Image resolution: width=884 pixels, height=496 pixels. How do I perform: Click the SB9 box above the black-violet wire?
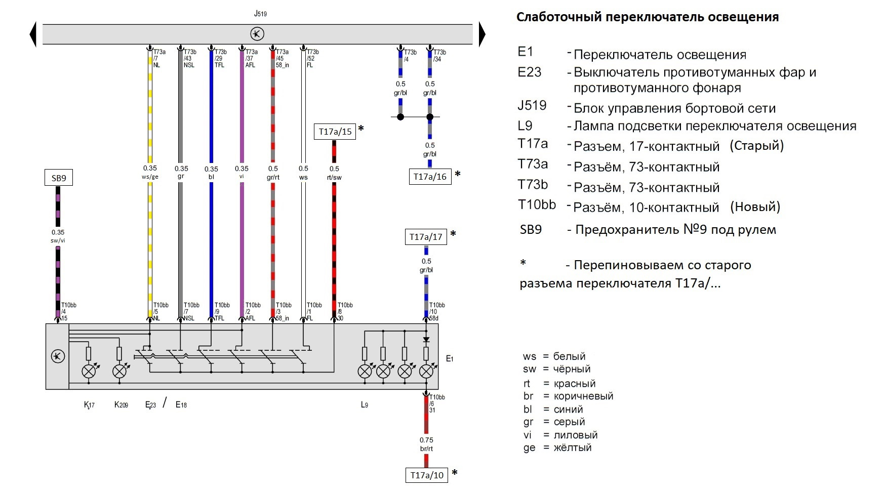pyautogui.click(x=59, y=178)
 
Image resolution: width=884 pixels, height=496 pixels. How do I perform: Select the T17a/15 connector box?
pyautogui.click(x=335, y=132)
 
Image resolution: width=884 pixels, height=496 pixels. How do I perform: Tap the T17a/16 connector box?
pyautogui.click(x=430, y=177)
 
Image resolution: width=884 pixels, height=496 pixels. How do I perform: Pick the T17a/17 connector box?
pyautogui.click(x=426, y=237)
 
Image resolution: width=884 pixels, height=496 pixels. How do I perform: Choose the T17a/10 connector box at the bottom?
pyautogui.click(x=427, y=475)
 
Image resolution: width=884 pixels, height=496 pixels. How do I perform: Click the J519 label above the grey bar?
pyautogui.click(x=260, y=14)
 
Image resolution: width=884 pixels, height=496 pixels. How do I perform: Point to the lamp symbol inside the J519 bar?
pyautogui.click(x=257, y=34)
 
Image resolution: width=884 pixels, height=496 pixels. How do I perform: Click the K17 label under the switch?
pyautogui.click(x=89, y=405)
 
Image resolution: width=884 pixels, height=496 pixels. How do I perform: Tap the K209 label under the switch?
pyautogui.click(x=121, y=405)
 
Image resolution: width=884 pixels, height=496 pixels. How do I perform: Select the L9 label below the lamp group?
pyautogui.click(x=365, y=405)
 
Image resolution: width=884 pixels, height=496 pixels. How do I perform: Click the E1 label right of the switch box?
pyautogui.click(x=450, y=359)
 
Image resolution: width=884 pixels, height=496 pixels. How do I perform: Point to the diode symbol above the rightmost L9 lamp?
pyautogui.click(x=426, y=339)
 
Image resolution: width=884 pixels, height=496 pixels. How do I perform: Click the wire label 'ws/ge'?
pyautogui.click(x=150, y=177)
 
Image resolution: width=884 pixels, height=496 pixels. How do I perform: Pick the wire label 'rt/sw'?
pyautogui.click(x=334, y=178)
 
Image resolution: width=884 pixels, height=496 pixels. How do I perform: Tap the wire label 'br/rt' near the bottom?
pyautogui.click(x=426, y=449)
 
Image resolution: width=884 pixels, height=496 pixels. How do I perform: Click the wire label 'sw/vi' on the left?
pyautogui.click(x=58, y=241)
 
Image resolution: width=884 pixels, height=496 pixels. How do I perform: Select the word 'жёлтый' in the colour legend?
pyautogui.click(x=573, y=447)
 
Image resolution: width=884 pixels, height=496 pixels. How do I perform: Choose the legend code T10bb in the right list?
pyautogui.click(x=537, y=205)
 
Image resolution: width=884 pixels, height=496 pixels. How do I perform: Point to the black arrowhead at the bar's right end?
pyautogui.click(x=482, y=34)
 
